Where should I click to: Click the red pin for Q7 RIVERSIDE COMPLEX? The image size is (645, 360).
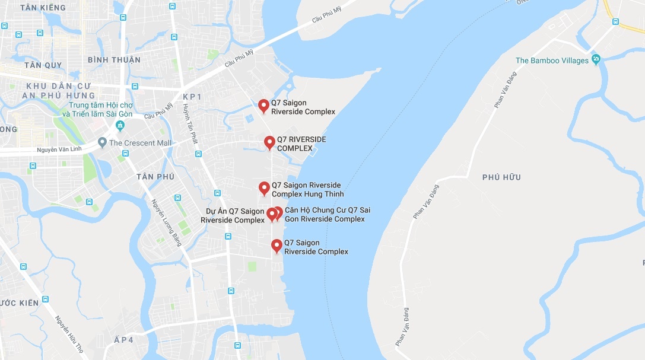tap(269, 142)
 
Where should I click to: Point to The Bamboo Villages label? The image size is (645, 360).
tap(552, 60)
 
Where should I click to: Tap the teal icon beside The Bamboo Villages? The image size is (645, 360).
tap(596, 60)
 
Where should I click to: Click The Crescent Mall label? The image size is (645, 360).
tap(140, 143)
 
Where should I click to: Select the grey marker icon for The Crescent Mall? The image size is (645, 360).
tap(103, 142)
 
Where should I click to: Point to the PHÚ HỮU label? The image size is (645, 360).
tap(501, 177)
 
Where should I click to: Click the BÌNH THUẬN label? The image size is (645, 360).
tap(114, 60)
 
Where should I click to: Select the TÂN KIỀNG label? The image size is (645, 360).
tap(43, 8)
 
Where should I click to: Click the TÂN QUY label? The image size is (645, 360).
tap(43, 65)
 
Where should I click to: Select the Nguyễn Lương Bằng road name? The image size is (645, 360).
tap(167, 222)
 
